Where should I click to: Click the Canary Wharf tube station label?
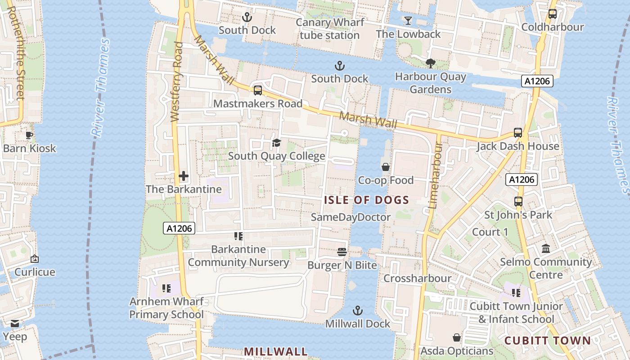point(330,29)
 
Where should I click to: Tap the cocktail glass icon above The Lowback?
point(408,21)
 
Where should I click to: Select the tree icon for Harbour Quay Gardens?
point(430,63)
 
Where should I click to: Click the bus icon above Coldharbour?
point(552,14)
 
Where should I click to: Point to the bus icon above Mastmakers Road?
point(257,90)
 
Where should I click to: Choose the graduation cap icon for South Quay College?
point(276,143)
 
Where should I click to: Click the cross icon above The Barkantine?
point(184,176)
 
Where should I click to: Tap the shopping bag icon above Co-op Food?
point(386,167)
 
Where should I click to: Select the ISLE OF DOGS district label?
point(366,200)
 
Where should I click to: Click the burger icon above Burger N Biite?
point(342,252)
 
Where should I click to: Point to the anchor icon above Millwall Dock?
point(357,310)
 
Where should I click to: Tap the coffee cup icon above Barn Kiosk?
point(29,135)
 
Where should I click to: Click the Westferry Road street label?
point(176,82)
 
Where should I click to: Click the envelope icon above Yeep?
point(15,324)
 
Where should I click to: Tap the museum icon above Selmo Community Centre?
point(546,249)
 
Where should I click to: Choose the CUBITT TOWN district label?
point(547,341)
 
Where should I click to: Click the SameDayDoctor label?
point(351,217)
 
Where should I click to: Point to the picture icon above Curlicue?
point(35,259)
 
